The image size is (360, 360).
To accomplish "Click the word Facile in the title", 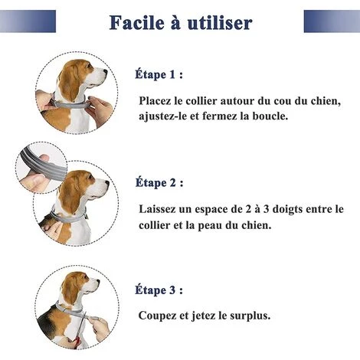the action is (137, 23).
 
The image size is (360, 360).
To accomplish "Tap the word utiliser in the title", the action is (220, 23).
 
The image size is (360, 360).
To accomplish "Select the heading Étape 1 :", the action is (159, 74).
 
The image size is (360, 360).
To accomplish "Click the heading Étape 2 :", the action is (159, 182).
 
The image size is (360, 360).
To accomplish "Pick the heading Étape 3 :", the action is (159, 290).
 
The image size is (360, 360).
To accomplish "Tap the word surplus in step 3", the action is (250, 316).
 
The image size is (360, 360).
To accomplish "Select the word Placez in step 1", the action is (155, 101).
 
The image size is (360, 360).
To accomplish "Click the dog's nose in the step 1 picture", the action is (105, 72).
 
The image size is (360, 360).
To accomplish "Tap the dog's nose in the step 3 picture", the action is (97, 281).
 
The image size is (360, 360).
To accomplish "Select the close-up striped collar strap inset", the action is (41, 167).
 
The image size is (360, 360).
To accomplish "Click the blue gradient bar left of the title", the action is (28, 21).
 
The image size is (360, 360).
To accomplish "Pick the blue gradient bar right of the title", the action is (332, 21).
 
